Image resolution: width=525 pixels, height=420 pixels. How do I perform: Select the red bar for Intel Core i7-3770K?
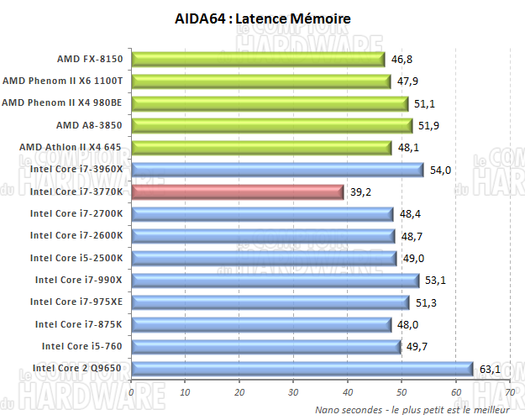(238, 192)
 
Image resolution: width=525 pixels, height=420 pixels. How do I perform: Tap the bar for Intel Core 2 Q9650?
(302, 367)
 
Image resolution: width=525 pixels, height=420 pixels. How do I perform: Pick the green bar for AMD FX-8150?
(258, 60)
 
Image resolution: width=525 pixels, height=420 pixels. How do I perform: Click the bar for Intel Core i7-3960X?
(277, 170)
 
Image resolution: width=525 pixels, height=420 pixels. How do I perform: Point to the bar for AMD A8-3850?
(272, 126)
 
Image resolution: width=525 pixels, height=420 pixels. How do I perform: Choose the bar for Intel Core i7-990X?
(275, 280)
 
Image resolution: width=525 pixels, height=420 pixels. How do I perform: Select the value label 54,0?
(440, 170)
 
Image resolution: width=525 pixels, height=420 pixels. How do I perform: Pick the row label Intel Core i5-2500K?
(76, 257)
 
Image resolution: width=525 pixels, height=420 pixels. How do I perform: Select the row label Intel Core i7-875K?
(78, 323)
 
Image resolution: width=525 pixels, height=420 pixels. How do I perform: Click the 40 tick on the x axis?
(348, 391)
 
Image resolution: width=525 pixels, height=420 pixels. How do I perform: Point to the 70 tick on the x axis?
(510, 391)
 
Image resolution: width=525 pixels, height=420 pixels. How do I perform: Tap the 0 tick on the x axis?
(132, 391)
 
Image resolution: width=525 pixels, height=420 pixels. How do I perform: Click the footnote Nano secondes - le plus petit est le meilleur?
(412, 409)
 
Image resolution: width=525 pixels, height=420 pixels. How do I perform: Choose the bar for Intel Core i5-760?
(266, 345)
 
